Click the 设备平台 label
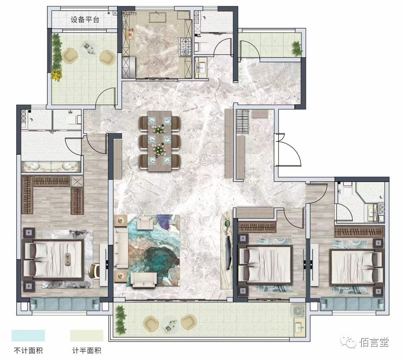click(x=85, y=20)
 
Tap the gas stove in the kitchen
click(x=185, y=47)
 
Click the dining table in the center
click(x=160, y=141)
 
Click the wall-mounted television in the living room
click(x=227, y=253)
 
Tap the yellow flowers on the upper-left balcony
click(x=57, y=75)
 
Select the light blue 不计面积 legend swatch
click(x=28, y=335)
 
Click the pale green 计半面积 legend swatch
click(x=86, y=335)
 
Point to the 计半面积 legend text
click(x=86, y=350)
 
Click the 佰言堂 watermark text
click(x=374, y=343)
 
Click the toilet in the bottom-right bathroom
click(x=348, y=189)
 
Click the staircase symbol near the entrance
click(x=242, y=121)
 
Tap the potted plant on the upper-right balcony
click(x=297, y=48)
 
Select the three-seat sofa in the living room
click(x=121, y=248)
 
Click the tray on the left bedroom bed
click(x=68, y=259)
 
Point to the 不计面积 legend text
click(x=28, y=350)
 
